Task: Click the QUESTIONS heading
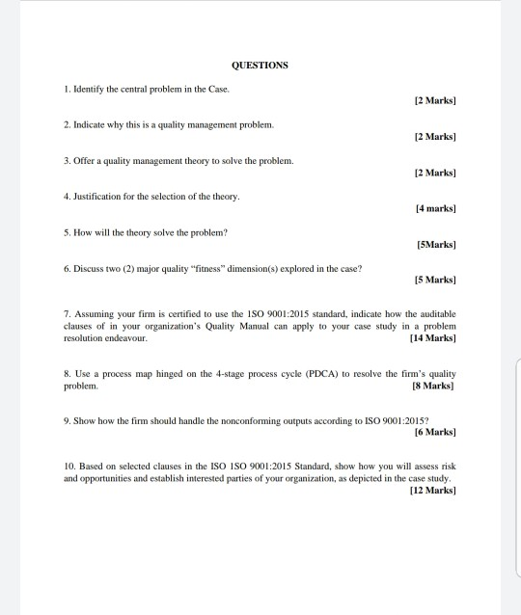click(260, 66)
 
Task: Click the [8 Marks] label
click(434, 385)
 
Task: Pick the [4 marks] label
click(434, 206)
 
